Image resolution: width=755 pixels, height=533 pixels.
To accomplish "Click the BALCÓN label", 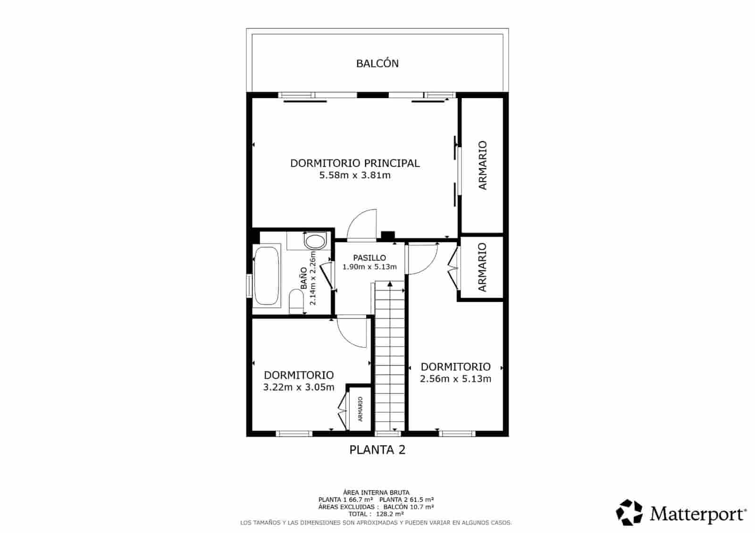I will [377, 63].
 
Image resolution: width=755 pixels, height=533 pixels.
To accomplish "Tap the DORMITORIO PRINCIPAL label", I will [354, 163].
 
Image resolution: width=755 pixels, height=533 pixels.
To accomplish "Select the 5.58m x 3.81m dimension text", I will [355, 175].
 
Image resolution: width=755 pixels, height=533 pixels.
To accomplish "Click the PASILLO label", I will [369, 258].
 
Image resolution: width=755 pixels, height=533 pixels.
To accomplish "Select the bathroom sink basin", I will [315, 242].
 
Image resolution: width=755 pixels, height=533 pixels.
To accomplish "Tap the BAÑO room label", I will [303, 278].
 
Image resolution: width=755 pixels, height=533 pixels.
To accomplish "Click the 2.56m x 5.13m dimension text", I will [455, 379].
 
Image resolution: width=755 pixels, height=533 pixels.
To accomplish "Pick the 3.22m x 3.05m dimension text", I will [299, 387].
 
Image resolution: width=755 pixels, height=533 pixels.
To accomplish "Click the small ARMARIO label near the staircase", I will [361, 408].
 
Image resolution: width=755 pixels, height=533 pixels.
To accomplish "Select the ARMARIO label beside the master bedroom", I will [482, 165].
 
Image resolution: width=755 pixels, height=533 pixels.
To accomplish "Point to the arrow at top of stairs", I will [390, 284].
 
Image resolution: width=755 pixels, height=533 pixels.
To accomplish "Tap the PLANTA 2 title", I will [377, 450].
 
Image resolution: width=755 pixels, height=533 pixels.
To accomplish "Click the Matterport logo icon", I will [629, 512].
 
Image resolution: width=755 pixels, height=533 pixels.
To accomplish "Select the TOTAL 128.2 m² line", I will [376, 514].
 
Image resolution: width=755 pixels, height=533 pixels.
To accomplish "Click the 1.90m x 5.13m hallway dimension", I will [369, 267].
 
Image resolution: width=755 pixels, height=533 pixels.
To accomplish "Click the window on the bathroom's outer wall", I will [250, 286].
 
